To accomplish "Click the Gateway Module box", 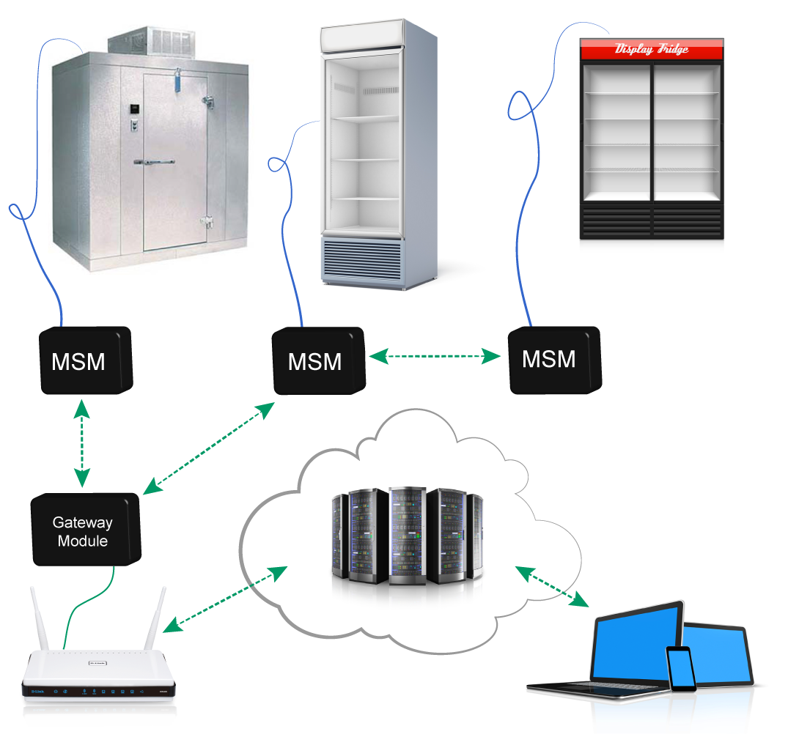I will (x=83, y=532).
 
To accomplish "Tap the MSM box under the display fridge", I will (x=553, y=359).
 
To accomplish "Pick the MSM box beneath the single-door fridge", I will (x=317, y=362).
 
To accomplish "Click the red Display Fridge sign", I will (x=652, y=50).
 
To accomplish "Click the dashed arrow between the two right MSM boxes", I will (x=435, y=357).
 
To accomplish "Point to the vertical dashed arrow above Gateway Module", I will (x=81, y=443).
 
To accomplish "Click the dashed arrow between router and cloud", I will (x=224, y=599).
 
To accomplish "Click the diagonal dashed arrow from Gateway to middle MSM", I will (x=208, y=448).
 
